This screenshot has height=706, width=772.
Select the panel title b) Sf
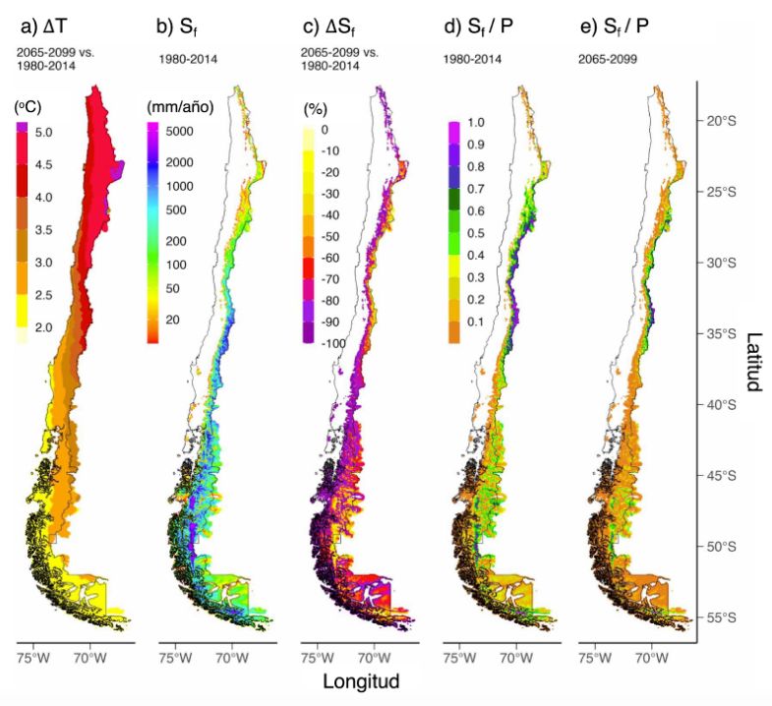pyautogui.click(x=177, y=28)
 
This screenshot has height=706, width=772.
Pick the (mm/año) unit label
pyautogui.click(x=180, y=106)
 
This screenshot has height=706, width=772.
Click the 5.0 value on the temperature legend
pyautogui.click(x=44, y=131)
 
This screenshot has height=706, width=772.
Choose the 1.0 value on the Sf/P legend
pyautogui.click(x=475, y=123)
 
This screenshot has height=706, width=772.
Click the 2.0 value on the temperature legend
pyautogui.click(x=44, y=327)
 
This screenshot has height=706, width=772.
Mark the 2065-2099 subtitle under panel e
pyautogui.click(x=608, y=58)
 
